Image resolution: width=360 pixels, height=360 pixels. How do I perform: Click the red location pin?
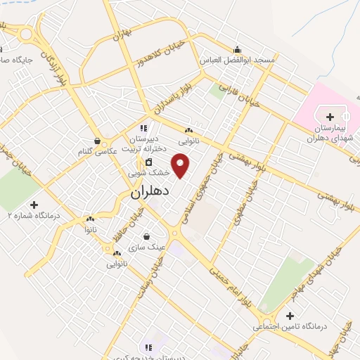(182, 165)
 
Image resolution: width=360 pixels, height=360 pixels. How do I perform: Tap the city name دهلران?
(146, 192)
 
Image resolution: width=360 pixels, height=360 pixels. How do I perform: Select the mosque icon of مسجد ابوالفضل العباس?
(237, 49)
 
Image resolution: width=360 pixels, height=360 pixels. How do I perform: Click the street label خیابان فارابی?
(238, 98)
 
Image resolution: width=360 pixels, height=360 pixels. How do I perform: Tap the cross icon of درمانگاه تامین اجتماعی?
(290, 315)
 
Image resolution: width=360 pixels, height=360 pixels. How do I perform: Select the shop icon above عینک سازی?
(146, 236)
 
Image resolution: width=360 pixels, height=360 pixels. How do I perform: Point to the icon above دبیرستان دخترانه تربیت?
(144, 128)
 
